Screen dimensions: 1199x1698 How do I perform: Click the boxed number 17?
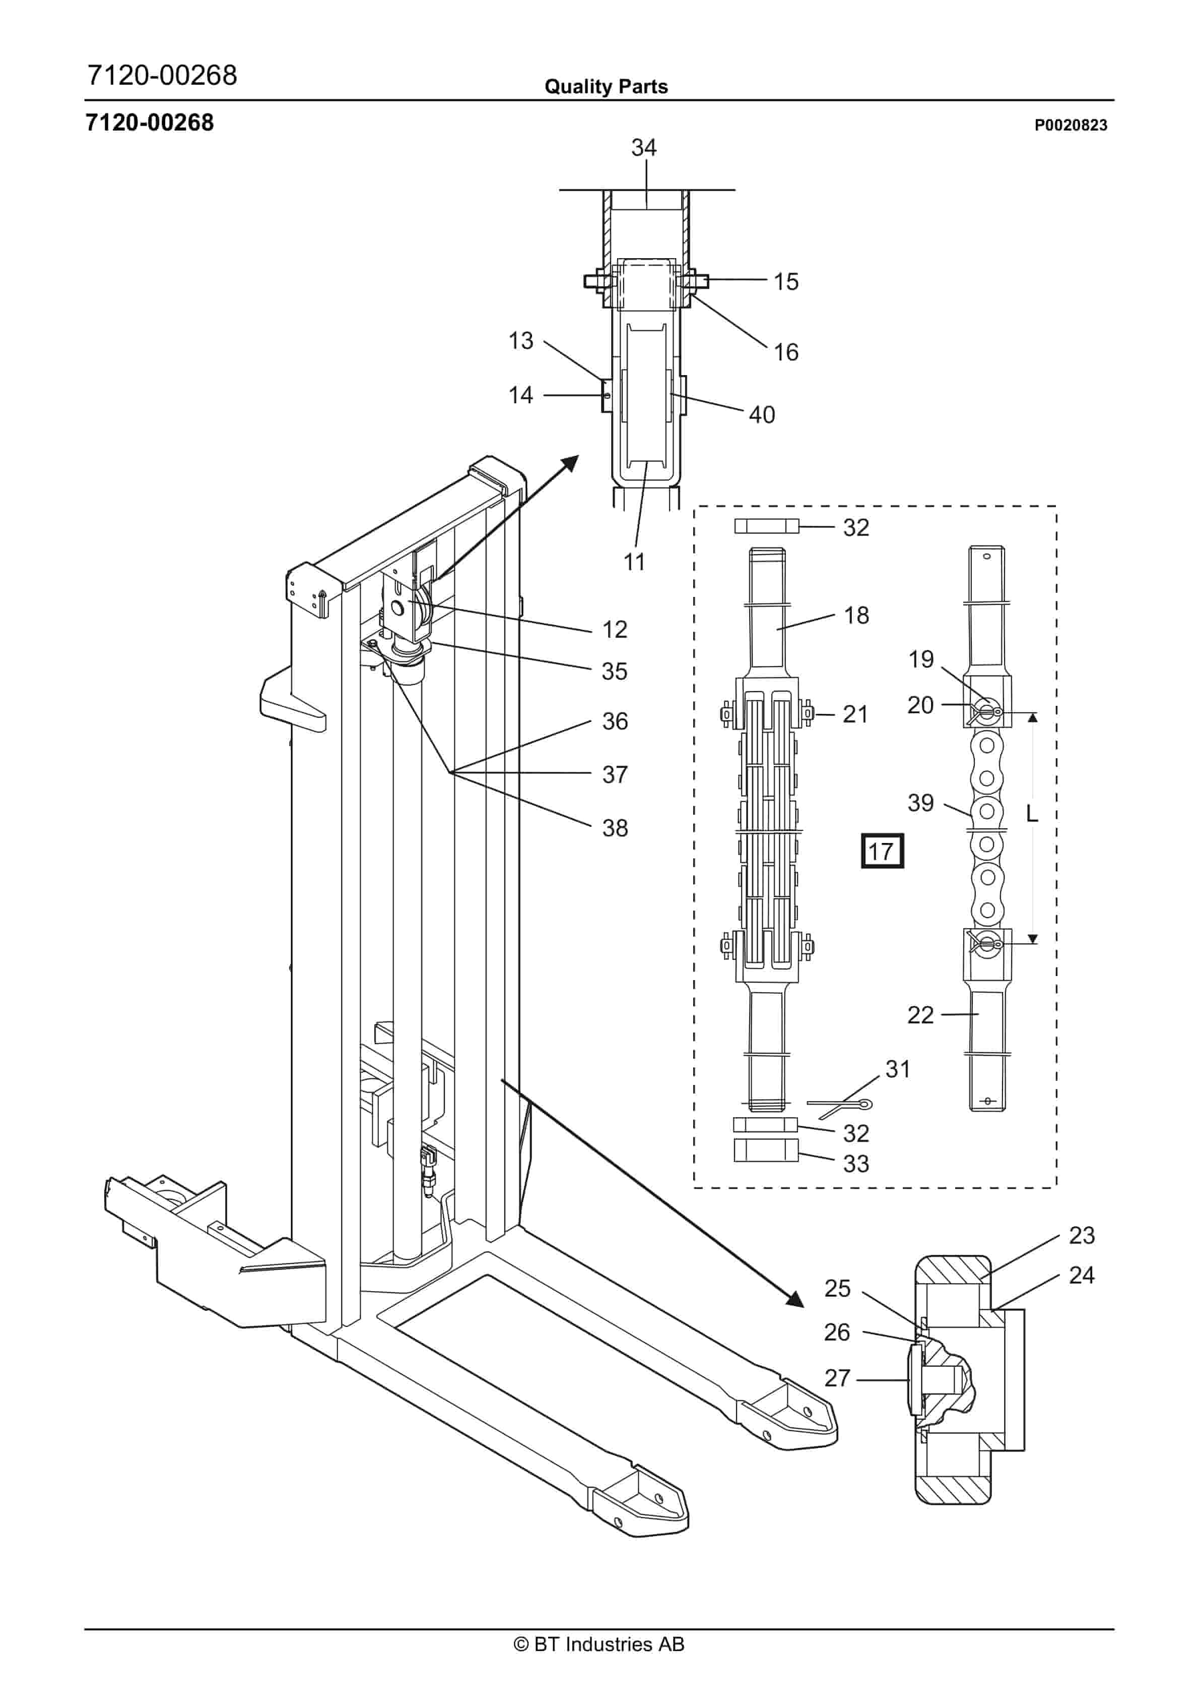pyautogui.click(x=882, y=851)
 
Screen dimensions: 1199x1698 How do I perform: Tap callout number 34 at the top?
pyautogui.click(x=644, y=148)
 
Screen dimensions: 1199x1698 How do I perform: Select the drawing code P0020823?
pyautogui.click(x=1071, y=125)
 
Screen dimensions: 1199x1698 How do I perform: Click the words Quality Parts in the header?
pyautogui.click(x=606, y=87)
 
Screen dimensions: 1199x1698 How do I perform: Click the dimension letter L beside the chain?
pyautogui.click(x=1032, y=814)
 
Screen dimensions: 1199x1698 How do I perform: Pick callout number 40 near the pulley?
pyautogui.click(x=762, y=415)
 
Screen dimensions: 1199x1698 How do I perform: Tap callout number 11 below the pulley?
pyautogui.click(x=634, y=562)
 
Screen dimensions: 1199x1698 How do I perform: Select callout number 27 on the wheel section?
pyautogui.click(x=837, y=1378)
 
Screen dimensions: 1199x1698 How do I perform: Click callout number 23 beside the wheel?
pyautogui.click(x=1082, y=1235)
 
